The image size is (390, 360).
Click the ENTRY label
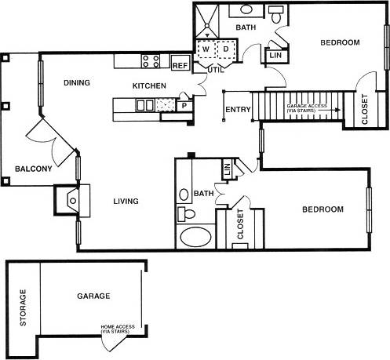(236, 109)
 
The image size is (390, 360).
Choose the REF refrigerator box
(180, 65)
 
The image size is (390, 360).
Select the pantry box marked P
(184, 105)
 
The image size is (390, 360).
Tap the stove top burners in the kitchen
(151, 60)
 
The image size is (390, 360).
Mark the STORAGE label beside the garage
(24, 307)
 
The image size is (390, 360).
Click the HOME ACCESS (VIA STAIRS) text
(116, 329)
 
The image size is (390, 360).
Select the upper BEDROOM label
(340, 42)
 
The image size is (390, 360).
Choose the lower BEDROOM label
(323, 209)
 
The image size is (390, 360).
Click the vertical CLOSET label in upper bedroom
(364, 111)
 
